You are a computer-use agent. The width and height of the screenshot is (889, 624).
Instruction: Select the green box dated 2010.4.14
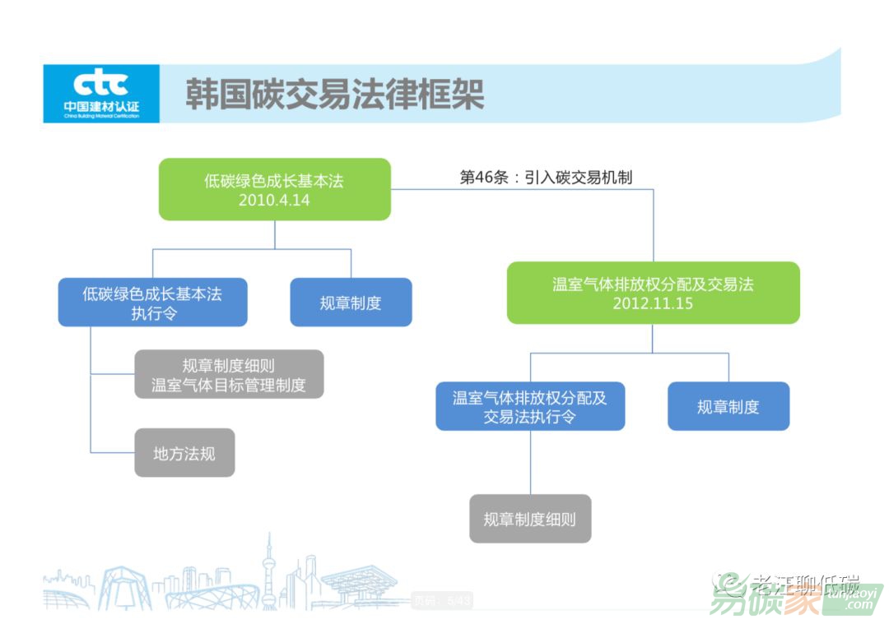274,189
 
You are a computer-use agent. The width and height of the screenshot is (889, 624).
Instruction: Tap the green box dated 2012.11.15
653,293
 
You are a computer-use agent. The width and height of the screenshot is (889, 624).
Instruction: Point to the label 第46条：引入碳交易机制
546,178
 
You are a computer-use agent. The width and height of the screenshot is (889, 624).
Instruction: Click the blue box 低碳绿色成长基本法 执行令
152,303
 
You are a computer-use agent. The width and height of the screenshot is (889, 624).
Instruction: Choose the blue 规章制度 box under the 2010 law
351,303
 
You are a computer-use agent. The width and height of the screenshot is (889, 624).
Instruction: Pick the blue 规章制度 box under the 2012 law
728,406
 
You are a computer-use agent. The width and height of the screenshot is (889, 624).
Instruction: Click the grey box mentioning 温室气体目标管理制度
229,374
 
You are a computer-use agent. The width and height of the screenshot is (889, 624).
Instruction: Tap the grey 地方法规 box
184,452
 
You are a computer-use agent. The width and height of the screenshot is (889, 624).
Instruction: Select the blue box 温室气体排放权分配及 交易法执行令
530,406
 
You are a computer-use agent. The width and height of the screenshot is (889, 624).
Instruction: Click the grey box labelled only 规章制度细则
530,519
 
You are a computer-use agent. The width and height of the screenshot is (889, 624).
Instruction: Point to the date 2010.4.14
274,200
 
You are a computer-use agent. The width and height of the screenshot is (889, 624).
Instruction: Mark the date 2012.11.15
653,303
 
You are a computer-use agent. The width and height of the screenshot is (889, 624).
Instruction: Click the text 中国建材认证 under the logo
100,107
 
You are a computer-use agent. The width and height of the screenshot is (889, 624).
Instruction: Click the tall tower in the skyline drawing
268,567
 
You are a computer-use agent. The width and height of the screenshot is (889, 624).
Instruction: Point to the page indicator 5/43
458,601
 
